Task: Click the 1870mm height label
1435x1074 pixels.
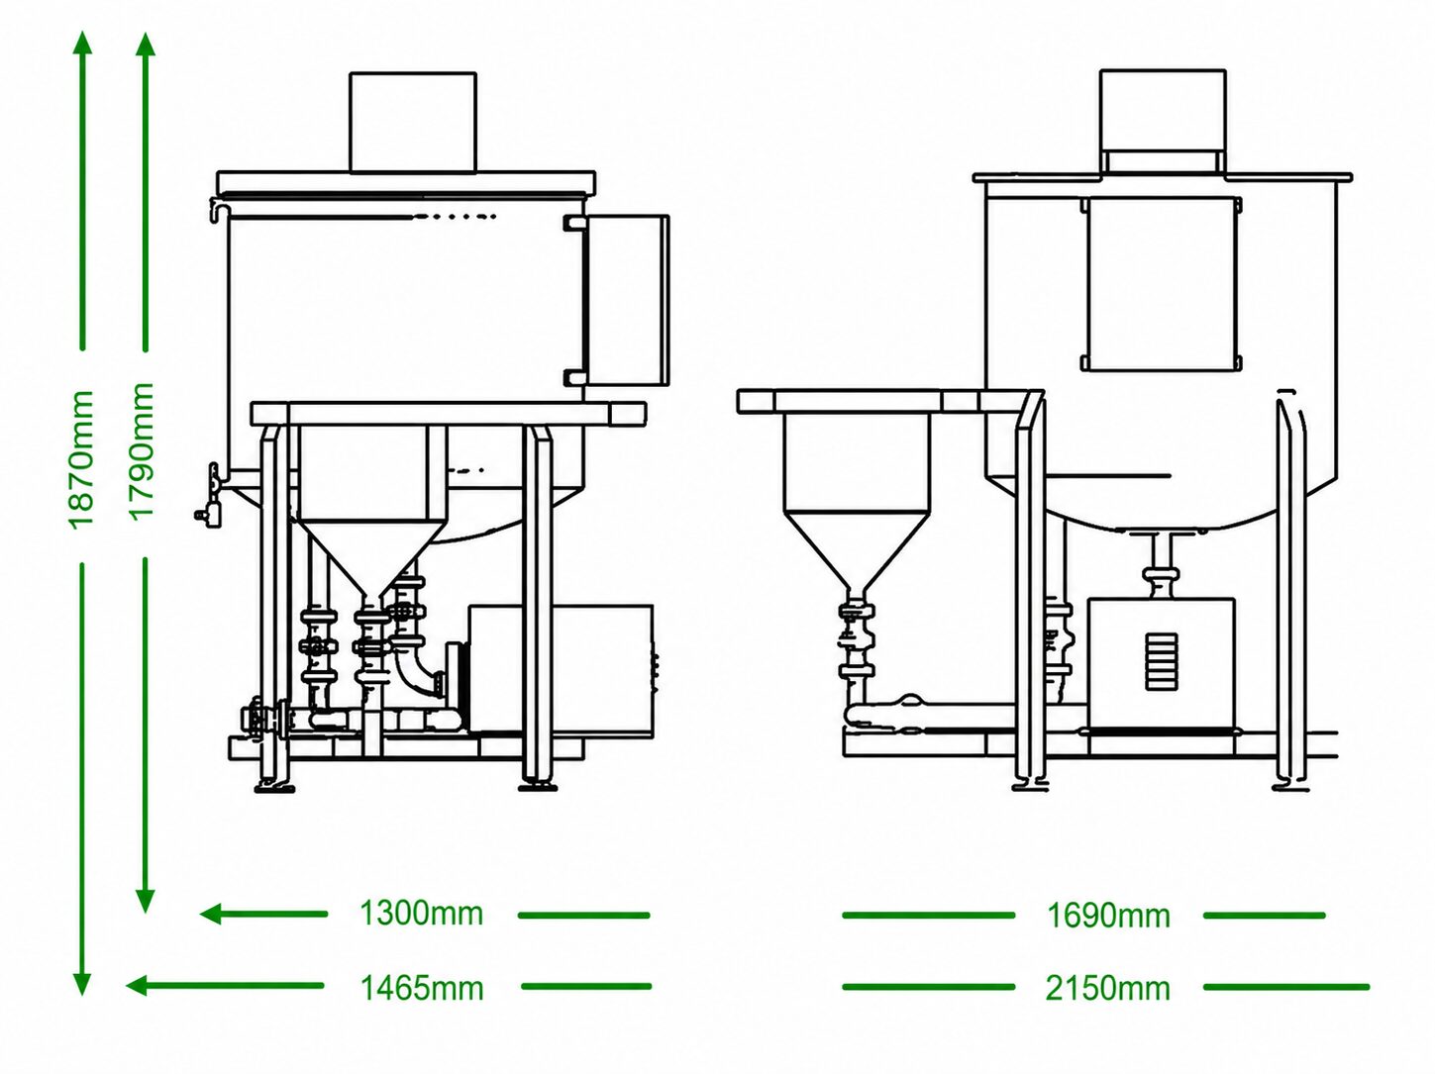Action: point(81,459)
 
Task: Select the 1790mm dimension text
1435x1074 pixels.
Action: point(142,451)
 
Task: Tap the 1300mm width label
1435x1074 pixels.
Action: point(422,914)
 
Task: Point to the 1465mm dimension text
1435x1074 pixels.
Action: point(422,989)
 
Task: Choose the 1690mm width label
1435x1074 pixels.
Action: point(1109,916)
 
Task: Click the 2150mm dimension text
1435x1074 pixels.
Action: point(1108,989)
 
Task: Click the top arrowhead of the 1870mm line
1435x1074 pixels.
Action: point(82,41)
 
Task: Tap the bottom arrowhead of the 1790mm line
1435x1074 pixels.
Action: point(146,901)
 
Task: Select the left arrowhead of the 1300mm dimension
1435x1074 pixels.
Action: point(211,914)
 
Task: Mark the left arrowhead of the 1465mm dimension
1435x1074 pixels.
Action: point(138,986)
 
